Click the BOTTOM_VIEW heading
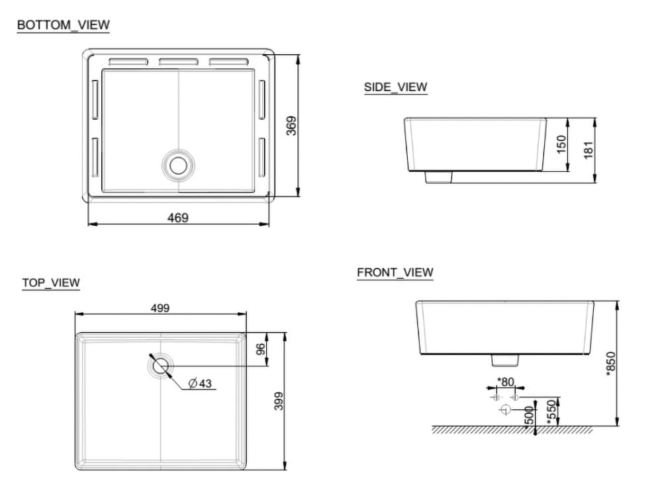click(x=63, y=25)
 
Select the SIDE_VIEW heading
click(x=395, y=87)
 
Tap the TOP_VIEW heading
click(x=50, y=283)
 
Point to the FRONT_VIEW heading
click(x=395, y=272)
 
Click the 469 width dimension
click(x=177, y=218)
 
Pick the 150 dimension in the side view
click(x=561, y=144)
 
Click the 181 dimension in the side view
click(x=589, y=149)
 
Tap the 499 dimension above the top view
click(x=160, y=308)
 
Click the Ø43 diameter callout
click(x=200, y=384)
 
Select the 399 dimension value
click(x=278, y=401)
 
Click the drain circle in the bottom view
click(x=178, y=164)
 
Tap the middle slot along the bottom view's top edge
click(x=178, y=62)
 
